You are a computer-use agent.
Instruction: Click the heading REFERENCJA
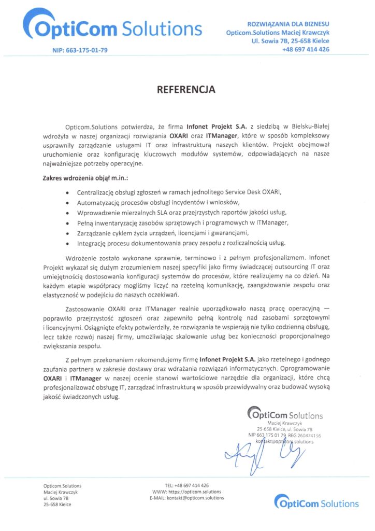coord(186,90)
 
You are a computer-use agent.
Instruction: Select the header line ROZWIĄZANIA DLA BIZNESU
coord(289,24)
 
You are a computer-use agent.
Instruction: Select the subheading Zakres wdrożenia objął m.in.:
coord(85,178)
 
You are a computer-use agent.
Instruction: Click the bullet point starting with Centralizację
coord(179,192)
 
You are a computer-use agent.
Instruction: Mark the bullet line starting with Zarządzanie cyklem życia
coord(163,233)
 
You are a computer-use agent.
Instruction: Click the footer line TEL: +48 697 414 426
coord(187,485)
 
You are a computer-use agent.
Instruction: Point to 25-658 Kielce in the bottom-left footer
coord(57,504)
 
